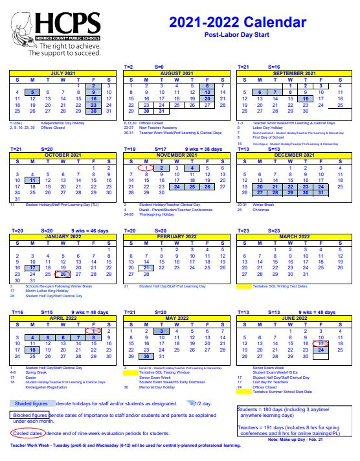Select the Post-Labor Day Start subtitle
(x=237, y=36)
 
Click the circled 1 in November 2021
(x=147, y=168)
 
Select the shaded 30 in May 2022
(x=147, y=356)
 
